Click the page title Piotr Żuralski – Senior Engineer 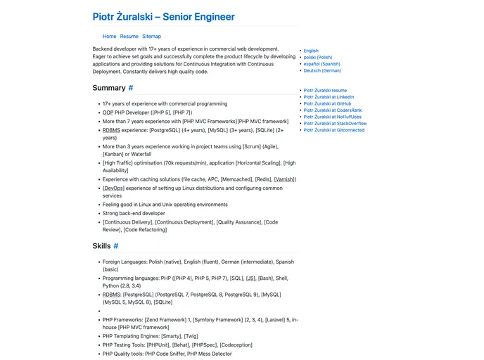pos(163,17)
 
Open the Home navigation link pos(109,37)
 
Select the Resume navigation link pos(129,37)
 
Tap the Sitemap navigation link pos(151,37)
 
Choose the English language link pos(311,51)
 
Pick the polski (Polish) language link pos(317,58)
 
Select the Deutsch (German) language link pos(322,70)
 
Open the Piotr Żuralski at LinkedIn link pos(329,97)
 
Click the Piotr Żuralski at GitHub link pos(327,103)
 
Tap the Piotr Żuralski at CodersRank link pos(332,110)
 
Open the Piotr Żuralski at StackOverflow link pos(335,123)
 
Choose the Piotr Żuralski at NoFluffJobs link pos(333,117)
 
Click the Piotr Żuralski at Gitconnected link pos(334,130)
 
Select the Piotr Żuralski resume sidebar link pos(325,91)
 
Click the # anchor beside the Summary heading pos(131,88)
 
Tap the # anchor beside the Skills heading pos(116,246)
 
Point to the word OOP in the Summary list pos(108,112)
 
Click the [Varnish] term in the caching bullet pos(285,179)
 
